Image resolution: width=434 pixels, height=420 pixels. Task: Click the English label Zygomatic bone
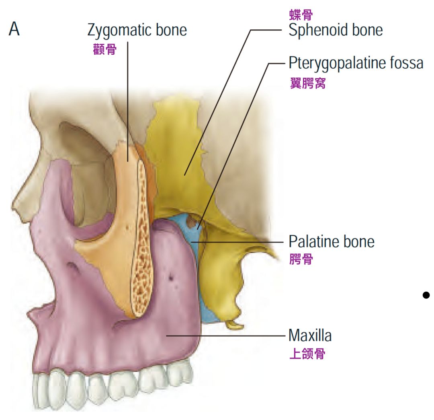pos(137,30)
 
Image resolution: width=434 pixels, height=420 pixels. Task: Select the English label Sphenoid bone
pos(335,30)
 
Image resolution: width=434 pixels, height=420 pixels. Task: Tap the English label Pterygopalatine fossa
pos(356,63)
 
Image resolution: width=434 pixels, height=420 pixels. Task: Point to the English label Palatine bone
pos(331,241)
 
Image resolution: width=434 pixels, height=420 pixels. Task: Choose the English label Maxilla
pos(310,335)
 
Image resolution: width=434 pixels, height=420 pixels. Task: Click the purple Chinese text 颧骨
pos(104,49)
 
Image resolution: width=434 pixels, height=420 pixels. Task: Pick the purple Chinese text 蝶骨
pos(301,15)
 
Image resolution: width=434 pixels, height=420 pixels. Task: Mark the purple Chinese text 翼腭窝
pos(307,83)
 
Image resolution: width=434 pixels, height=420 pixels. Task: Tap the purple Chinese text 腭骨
pos(301,259)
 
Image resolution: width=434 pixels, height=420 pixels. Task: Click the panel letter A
pos(14,30)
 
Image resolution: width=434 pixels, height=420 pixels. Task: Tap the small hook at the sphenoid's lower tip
pos(234,324)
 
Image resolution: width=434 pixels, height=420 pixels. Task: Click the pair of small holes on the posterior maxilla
pos(174,278)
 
